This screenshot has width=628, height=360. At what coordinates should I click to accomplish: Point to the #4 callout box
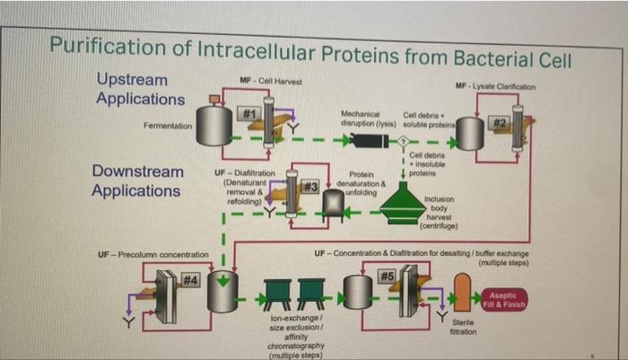189,281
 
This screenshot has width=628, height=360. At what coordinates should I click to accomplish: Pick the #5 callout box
388,275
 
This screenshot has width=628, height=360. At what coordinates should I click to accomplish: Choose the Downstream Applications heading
137,180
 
